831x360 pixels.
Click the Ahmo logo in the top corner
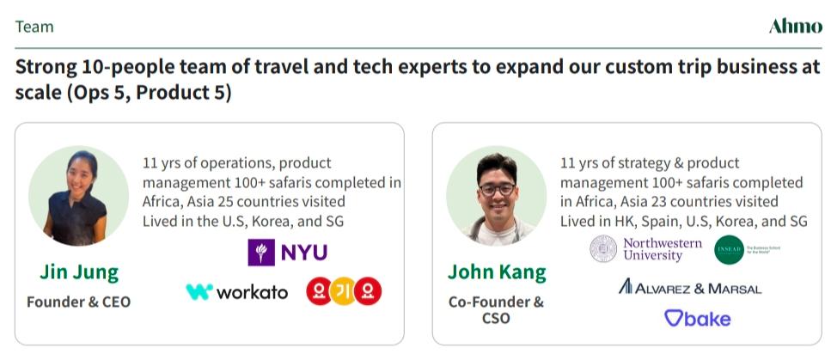(795, 27)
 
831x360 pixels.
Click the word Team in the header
(34, 27)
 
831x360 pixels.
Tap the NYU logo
(287, 252)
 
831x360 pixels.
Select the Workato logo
(237, 292)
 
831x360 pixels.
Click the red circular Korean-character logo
(344, 291)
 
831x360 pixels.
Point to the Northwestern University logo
(645, 249)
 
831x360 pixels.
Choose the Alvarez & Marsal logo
(689, 287)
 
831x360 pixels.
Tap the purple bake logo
(697, 319)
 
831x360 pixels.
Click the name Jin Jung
(79, 272)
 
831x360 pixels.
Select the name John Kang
(497, 272)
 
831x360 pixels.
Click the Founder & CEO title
(79, 302)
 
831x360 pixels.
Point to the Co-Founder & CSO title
(497, 309)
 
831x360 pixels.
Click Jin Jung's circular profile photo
(79, 195)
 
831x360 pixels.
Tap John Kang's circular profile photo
(497, 195)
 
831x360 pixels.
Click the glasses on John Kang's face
(497, 188)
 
